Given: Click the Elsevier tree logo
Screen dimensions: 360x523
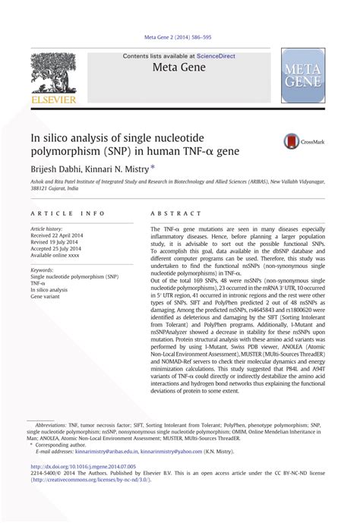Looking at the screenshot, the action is [52, 71].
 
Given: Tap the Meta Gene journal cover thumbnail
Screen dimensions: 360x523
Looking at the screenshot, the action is [303, 76].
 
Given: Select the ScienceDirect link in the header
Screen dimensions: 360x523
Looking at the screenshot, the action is [217, 56].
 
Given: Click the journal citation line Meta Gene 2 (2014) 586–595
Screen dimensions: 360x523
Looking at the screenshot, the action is [180, 36].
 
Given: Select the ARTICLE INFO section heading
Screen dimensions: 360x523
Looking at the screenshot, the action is [68, 214].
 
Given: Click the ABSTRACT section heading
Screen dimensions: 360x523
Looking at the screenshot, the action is [176, 214].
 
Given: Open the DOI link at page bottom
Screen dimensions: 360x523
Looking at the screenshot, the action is [84, 466].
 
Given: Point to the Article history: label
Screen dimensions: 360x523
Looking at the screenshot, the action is [46, 228].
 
